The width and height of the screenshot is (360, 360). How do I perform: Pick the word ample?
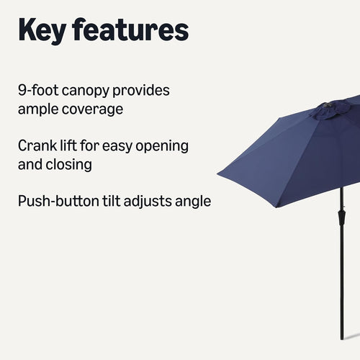point(40,110)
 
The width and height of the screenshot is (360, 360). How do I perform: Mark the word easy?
point(125,146)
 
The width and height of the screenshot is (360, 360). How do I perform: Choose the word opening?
point(164,146)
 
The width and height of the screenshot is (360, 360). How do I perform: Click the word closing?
point(68,164)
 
